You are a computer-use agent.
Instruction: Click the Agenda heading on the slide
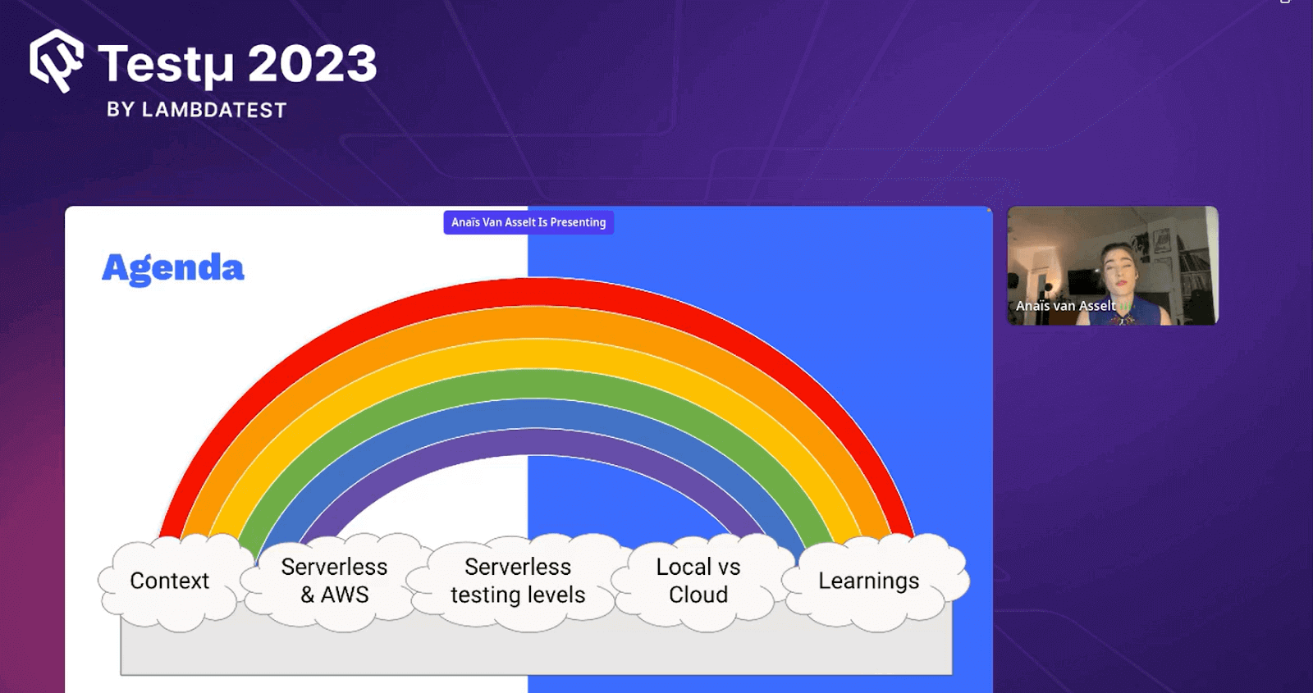[x=173, y=270]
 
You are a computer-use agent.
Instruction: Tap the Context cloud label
[x=169, y=581]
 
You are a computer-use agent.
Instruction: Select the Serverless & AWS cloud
[x=335, y=582]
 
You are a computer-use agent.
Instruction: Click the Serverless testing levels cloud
[x=518, y=582]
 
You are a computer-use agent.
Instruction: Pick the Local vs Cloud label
[x=698, y=581]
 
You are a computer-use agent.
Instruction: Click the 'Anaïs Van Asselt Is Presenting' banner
[x=528, y=222]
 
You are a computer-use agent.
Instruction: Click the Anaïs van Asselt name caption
[x=1066, y=306]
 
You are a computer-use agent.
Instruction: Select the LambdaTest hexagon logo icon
[x=57, y=61]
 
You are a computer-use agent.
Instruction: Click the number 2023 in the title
[x=313, y=64]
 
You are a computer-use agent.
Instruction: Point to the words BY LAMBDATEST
[x=196, y=110]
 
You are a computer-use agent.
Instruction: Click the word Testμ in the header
[x=166, y=66]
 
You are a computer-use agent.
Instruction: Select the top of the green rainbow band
[x=537, y=384]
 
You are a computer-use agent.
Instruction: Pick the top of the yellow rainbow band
[x=537, y=353]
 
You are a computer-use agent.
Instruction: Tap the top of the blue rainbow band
[x=537, y=413]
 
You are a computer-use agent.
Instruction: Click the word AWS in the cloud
[x=345, y=595]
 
